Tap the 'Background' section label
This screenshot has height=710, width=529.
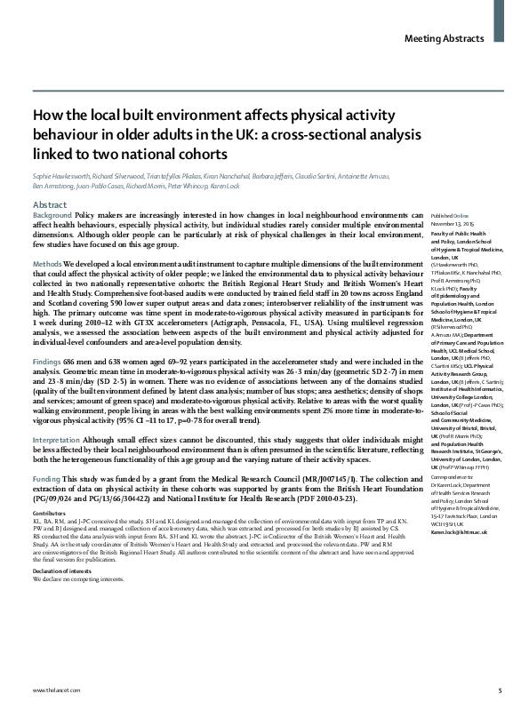[52, 216]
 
